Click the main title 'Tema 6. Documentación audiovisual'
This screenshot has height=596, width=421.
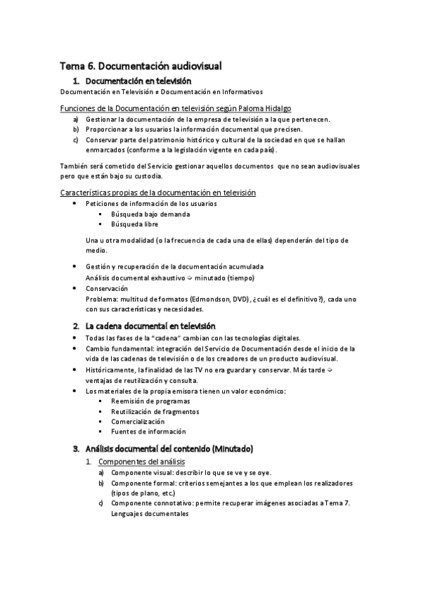pos(141,66)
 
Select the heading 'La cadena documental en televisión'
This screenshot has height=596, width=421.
pos(150,326)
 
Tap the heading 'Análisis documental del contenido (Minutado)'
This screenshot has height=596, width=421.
pos(169,448)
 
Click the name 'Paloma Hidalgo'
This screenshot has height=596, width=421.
pos(264,108)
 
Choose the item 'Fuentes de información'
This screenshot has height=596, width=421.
pos(138,431)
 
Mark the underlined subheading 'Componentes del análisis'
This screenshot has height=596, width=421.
pos(141,461)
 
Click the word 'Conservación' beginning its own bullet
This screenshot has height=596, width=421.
pos(107,288)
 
